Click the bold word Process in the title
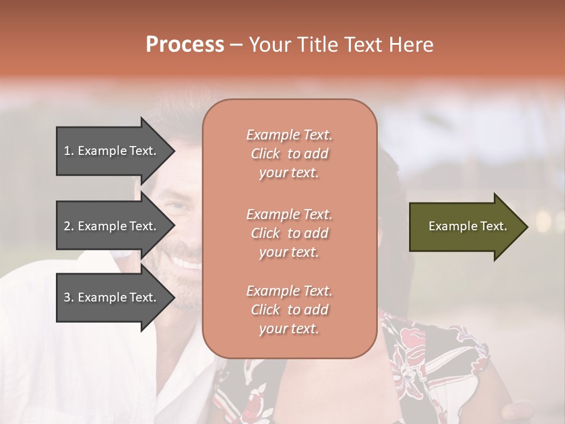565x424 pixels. tap(185, 44)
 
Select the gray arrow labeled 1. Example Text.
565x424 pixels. tap(112, 151)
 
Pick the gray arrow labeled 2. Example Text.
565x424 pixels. tap(112, 226)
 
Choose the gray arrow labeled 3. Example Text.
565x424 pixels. tap(112, 297)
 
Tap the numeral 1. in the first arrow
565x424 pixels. tap(69, 151)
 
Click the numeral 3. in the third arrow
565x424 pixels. tap(69, 297)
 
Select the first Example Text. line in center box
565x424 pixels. tap(289, 135)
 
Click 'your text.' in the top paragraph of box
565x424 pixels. tap(289, 173)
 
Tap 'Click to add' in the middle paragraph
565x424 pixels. tap(289, 233)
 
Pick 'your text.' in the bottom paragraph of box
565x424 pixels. tap(289, 329)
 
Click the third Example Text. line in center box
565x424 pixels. tap(289, 291)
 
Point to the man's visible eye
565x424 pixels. tap(177, 206)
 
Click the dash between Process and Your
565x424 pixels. tap(237, 44)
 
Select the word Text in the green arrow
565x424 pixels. tap(493, 226)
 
